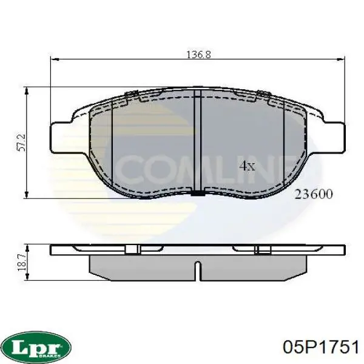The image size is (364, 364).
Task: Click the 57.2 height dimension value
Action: (x=21, y=143)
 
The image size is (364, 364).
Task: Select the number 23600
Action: (x=313, y=194)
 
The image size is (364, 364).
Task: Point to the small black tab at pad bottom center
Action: (x=198, y=194)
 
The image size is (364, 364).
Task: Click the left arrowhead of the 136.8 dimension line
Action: (x=53, y=59)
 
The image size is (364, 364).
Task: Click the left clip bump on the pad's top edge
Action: (x=131, y=94)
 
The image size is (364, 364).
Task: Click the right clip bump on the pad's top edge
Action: (x=263, y=94)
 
